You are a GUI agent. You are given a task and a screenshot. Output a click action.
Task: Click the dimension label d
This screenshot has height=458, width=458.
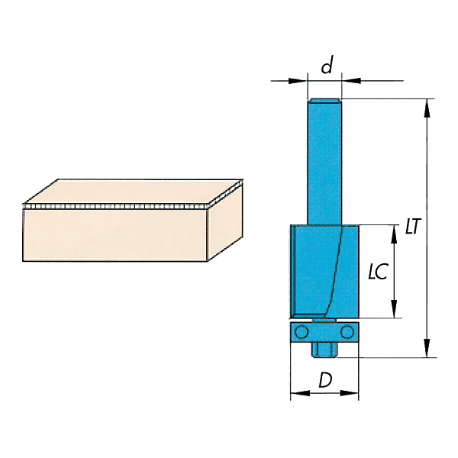(x=327, y=65)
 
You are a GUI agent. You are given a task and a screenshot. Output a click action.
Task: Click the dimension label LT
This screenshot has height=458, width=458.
(x=413, y=226)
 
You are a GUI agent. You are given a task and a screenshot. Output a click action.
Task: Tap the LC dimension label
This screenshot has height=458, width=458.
(x=378, y=272)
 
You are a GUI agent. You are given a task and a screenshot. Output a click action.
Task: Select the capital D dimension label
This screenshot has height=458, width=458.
(x=325, y=380)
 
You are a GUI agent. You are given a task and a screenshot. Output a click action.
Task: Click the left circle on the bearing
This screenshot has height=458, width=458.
(x=302, y=332)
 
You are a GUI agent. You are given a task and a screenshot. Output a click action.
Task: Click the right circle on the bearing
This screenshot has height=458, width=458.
(x=347, y=332)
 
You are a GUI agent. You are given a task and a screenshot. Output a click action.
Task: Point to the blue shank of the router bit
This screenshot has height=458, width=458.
(x=324, y=162)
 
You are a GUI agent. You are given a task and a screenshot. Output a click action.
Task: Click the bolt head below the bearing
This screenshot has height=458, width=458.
(x=324, y=349)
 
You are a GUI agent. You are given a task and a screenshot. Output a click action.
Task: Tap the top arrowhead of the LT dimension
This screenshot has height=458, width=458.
(x=427, y=108)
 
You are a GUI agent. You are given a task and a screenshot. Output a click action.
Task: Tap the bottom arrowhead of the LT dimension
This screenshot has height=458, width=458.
(x=427, y=348)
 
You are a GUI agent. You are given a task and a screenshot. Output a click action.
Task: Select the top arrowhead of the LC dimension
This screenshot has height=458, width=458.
(x=394, y=234)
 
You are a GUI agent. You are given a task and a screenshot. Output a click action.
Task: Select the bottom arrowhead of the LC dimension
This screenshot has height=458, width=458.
(x=394, y=308)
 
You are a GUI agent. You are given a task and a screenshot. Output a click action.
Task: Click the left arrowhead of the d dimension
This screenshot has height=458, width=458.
(x=298, y=81)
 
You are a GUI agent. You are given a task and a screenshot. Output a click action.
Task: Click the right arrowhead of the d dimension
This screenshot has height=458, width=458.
(x=351, y=81)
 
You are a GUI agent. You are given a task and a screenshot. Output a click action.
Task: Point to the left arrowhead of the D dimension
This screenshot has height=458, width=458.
(x=300, y=393)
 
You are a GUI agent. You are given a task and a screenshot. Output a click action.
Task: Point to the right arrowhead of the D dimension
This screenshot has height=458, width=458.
(x=349, y=393)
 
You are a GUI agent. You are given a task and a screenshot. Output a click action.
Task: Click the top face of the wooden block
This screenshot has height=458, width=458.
(x=133, y=192)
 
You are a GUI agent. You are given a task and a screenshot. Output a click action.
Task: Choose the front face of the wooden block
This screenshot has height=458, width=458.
(x=114, y=235)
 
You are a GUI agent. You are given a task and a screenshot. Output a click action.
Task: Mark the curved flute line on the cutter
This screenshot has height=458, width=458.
(x=336, y=270)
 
